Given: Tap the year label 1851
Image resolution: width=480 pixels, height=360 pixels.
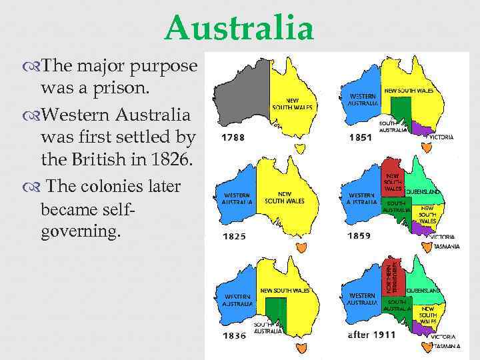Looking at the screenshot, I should coord(359,137).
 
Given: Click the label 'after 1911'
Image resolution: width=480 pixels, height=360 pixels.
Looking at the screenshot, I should coord(371,335).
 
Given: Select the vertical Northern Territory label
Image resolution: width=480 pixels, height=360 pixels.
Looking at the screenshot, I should coord(395,276).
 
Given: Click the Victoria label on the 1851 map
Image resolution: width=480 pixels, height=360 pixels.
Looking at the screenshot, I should coord(441,137).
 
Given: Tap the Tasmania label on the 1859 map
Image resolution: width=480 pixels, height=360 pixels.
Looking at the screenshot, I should coord(446,246).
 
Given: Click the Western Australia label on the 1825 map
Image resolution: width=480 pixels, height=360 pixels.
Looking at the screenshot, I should coord(237,198).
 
